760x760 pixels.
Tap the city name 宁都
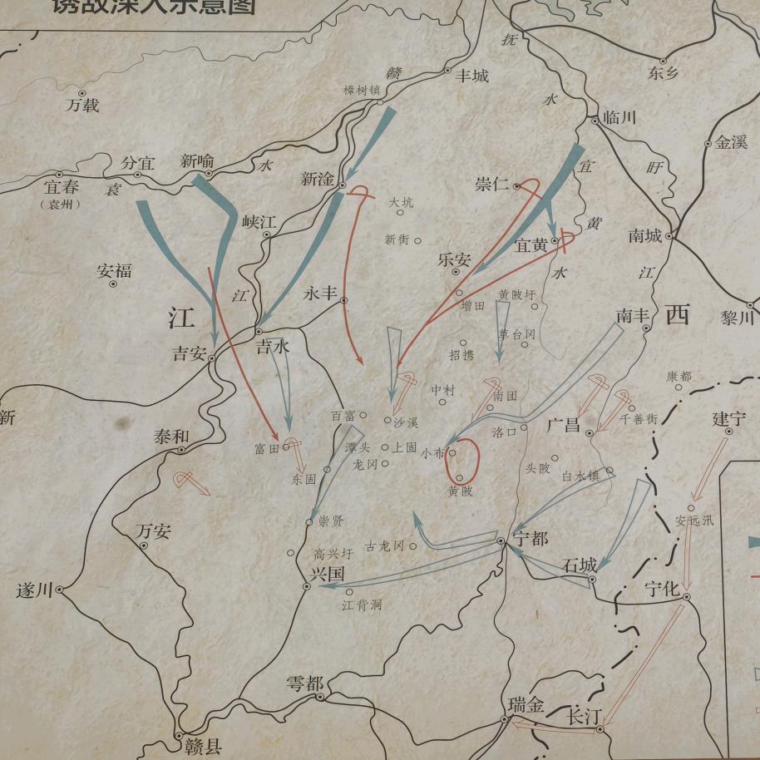coord(530,538)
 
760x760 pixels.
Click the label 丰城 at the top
coord(471,76)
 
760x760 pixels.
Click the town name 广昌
coord(564,425)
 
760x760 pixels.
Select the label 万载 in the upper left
coord(83,106)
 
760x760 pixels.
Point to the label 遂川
coord(34,591)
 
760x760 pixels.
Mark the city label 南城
coord(645,235)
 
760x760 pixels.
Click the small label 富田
coord(268,449)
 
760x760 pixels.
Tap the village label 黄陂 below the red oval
coord(460,491)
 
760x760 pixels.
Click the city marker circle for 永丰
coord(343,299)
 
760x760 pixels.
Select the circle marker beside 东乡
coord(663,60)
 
